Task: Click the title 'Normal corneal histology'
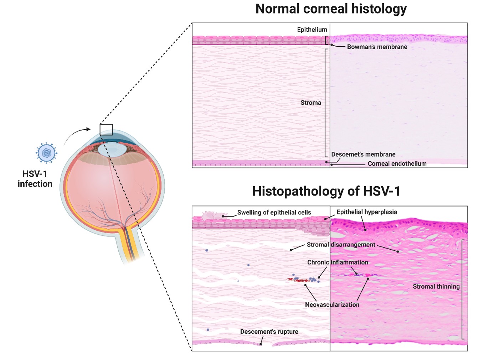point(331,9)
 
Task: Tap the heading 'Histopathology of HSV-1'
point(326,191)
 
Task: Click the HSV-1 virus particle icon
point(47,153)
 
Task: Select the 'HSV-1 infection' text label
point(35,179)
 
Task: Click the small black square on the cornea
point(106,130)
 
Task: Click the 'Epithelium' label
point(312,30)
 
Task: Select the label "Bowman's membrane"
point(377,47)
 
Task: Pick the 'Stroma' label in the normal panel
point(310,103)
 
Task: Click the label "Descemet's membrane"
point(363,154)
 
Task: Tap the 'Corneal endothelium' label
point(397,163)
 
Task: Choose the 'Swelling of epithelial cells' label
point(274,213)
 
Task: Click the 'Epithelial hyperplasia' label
point(367,212)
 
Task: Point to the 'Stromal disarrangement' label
point(341,245)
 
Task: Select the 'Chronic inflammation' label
point(338,262)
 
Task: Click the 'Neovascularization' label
point(332,304)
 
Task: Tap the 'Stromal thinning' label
point(436,286)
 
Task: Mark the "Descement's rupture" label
point(269,332)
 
